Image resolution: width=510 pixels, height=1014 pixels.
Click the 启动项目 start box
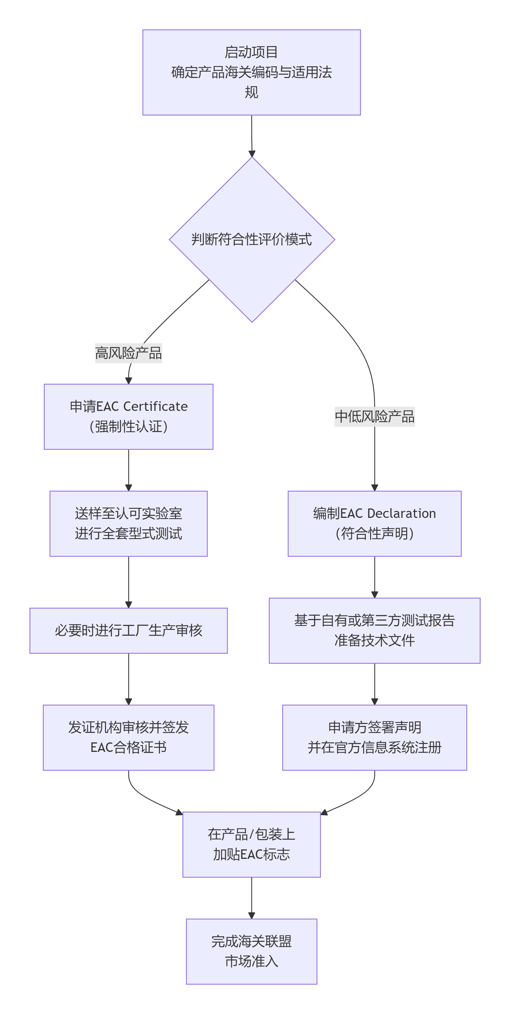click(x=251, y=72)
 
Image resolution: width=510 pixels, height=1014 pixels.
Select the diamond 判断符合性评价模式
click(x=252, y=239)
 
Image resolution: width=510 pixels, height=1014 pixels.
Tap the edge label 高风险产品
click(x=129, y=353)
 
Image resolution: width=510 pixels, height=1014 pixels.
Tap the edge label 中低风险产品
click(x=374, y=416)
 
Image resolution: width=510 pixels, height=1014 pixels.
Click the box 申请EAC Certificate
click(x=129, y=416)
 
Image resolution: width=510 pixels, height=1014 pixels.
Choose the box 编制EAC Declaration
click(x=374, y=523)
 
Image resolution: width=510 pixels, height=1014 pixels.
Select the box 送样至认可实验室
click(x=129, y=523)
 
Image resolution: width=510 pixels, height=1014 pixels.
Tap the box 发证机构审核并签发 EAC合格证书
click(x=129, y=737)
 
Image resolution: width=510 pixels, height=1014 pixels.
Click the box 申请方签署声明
click(x=374, y=737)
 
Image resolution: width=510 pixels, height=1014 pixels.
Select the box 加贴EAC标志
click(x=251, y=844)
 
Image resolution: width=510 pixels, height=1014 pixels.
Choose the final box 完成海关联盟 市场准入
click(x=251, y=951)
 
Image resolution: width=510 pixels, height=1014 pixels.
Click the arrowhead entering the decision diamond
click(x=252, y=153)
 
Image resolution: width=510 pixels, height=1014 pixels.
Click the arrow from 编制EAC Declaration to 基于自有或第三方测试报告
click(x=374, y=577)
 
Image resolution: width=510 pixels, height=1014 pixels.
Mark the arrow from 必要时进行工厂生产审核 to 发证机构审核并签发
click(x=129, y=679)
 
